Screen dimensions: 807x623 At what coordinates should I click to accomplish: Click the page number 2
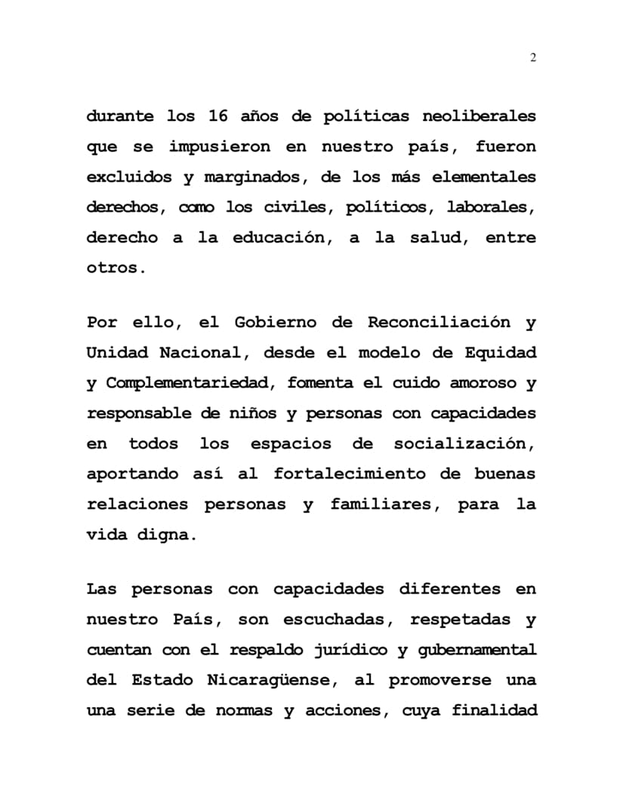point(533,58)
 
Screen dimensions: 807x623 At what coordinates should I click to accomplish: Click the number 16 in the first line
point(211,117)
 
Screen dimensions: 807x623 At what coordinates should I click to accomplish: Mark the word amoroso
point(479,383)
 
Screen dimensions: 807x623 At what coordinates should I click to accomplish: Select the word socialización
point(464,444)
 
